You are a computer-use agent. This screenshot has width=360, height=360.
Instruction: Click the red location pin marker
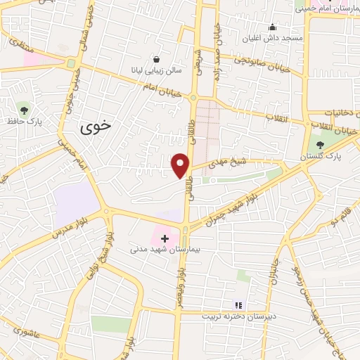[x=181, y=165]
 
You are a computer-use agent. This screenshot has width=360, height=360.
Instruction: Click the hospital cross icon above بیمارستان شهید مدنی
[x=165, y=239]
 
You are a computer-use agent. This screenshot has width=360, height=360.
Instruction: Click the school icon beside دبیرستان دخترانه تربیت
[x=238, y=304]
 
